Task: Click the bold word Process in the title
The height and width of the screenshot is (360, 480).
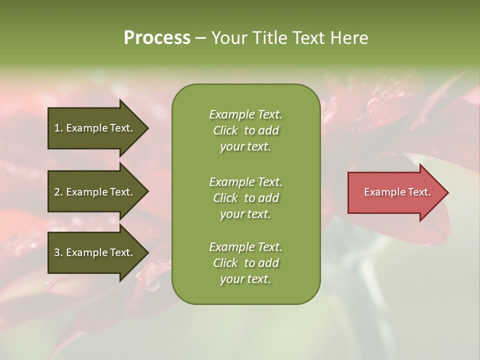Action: click(157, 38)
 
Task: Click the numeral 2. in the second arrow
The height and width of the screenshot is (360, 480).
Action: click(58, 192)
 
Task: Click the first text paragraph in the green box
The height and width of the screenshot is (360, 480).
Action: click(245, 130)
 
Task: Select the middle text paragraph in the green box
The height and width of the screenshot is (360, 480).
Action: click(245, 197)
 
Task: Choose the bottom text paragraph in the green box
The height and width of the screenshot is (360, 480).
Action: click(245, 263)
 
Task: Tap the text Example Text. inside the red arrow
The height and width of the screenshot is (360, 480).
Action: click(397, 192)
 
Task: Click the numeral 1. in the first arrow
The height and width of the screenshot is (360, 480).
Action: click(58, 128)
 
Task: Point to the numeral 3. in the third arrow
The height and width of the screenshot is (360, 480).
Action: click(58, 252)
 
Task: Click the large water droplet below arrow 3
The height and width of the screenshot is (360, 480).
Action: click(152, 283)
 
